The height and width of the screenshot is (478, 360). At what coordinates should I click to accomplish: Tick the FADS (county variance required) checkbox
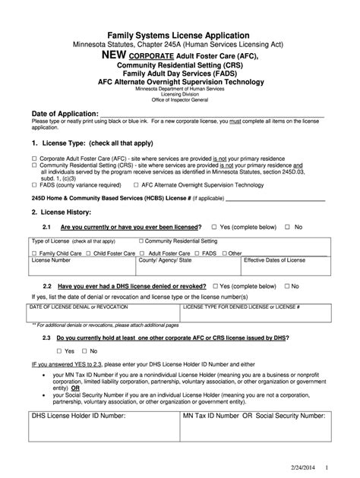pos(34,184)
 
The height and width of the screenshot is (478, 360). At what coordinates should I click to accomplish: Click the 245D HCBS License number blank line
pos(274,199)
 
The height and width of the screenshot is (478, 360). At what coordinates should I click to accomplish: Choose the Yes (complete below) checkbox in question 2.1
pos(215,227)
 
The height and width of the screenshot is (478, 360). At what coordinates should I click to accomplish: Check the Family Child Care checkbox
pos(34,253)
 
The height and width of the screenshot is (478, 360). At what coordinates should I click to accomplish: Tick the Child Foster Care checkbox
pos(89,253)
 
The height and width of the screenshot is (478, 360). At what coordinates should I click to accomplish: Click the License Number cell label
pos(51,259)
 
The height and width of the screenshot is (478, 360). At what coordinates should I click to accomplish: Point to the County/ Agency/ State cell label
pos(165,259)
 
